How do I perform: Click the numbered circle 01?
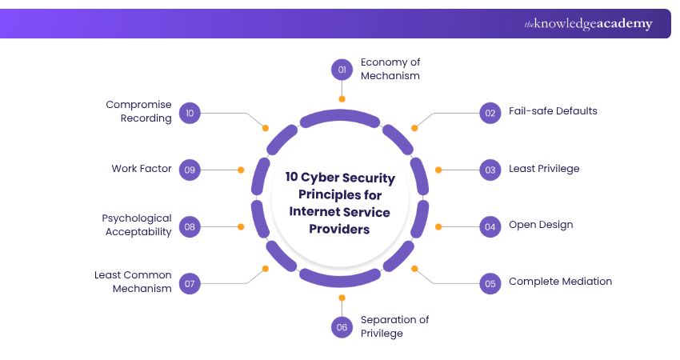342,70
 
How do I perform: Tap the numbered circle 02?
490,112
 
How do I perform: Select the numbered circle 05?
490,282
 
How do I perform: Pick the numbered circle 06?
342,326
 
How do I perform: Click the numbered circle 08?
190,226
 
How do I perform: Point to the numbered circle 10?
190,113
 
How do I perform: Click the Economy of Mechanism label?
390,69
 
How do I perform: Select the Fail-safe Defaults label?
553,111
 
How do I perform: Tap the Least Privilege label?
544,169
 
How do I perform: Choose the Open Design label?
541,225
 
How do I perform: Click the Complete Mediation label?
560,282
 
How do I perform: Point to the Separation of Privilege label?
394,326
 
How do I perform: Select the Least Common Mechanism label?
133,282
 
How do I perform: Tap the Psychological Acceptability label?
137,225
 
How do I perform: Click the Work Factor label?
142,169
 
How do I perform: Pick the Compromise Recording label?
139,111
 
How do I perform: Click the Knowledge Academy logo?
588,24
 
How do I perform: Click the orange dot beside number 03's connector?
438,170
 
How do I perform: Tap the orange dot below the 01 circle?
342,99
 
